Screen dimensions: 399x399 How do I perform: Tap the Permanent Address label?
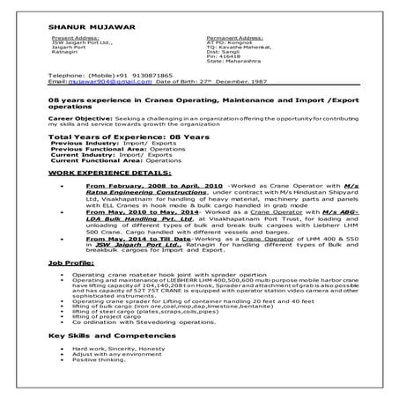coord(234,40)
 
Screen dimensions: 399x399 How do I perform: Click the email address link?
coord(97,81)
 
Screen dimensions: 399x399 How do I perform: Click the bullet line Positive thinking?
coord(99,361)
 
